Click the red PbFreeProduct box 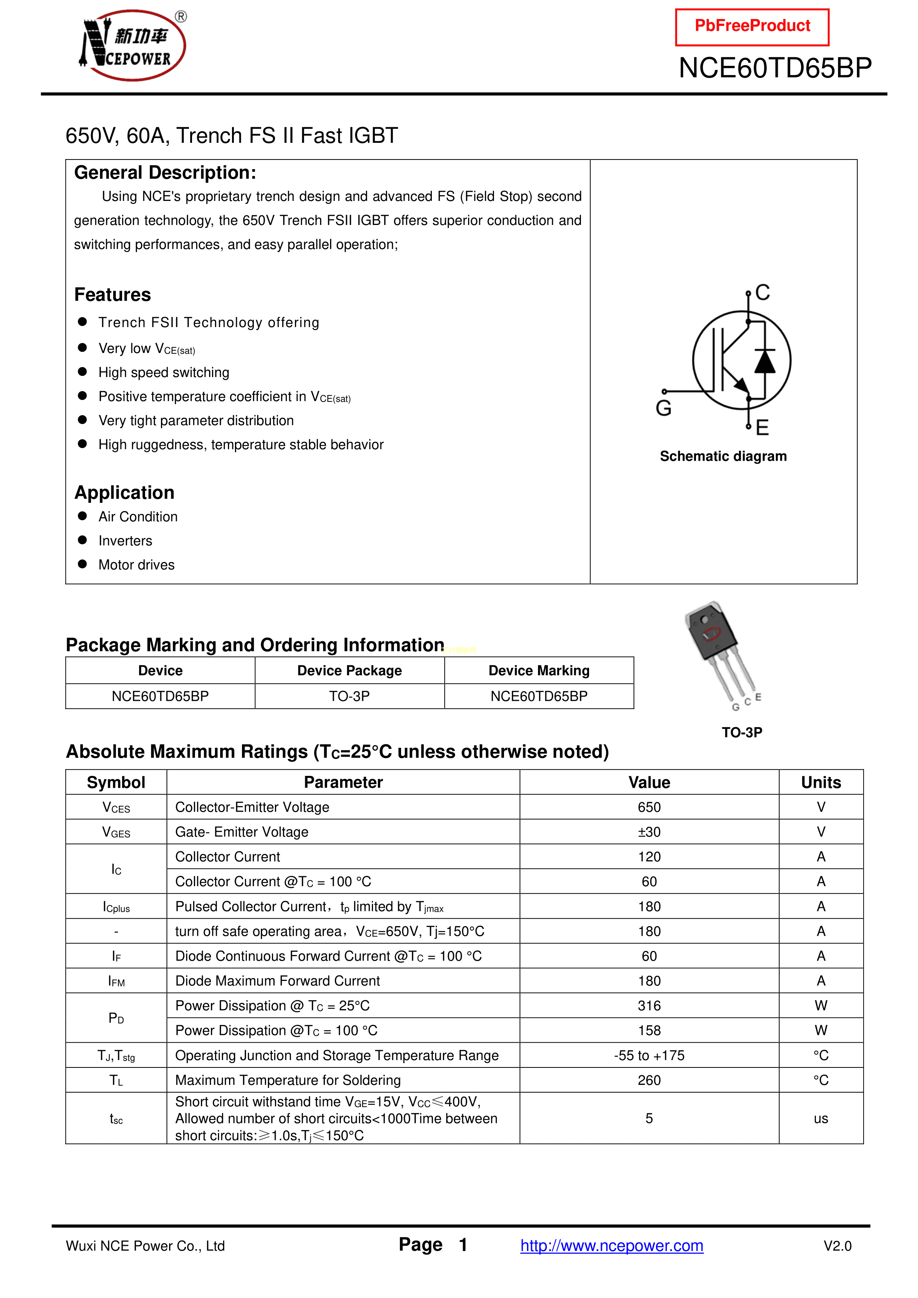(752, 27)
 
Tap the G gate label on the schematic (664, 408)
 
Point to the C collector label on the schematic (763, 292)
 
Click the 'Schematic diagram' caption (723, 456)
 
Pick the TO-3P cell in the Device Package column (349, 696)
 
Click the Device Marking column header (539, 670)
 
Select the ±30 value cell (649, 832)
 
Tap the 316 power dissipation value (649, 1006)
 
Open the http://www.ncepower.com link (612, 1245)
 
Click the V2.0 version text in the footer (837, 1246)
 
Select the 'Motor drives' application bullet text (136, 565)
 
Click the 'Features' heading (112, 295)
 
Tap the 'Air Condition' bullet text (138, 517)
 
